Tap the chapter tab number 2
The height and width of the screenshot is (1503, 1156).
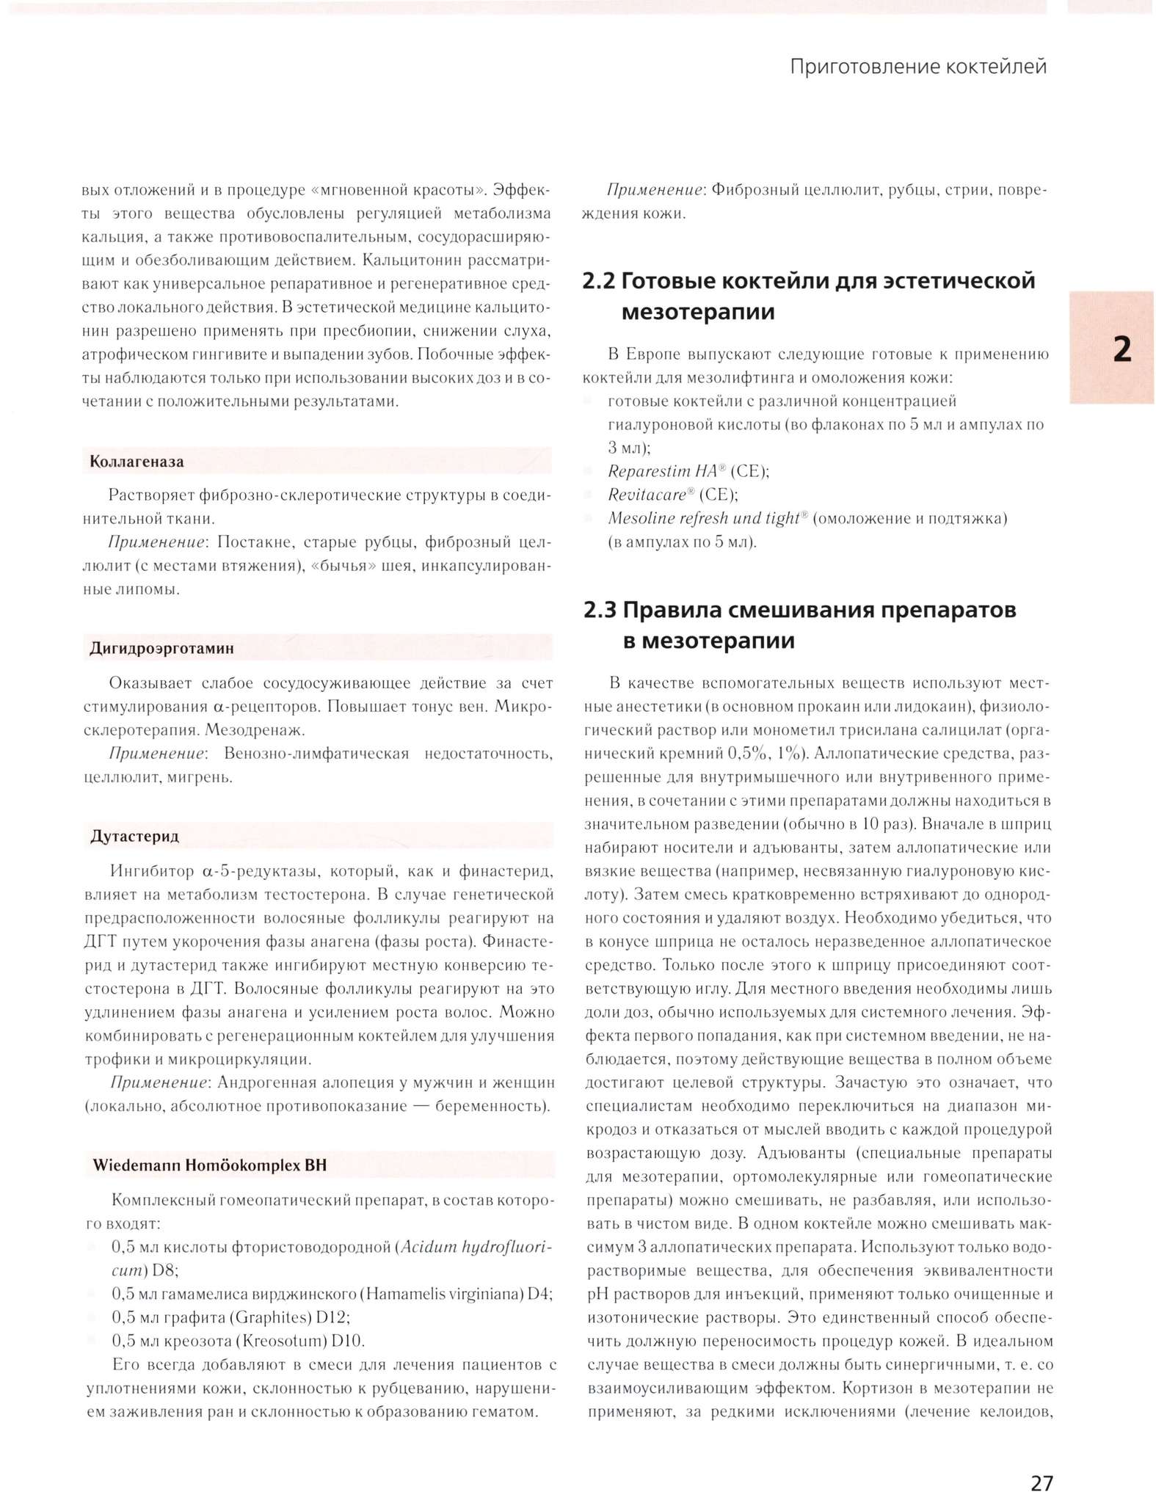click(x=1121, y=349)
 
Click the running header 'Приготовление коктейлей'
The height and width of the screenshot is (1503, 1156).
click(x=917, y=67)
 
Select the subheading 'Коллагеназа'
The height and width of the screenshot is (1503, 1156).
click(x=137, y=462)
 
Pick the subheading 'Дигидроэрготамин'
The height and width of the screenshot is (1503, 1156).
click(x=161, y=648)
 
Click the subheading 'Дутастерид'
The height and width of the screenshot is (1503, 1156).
click(x=134, y=836)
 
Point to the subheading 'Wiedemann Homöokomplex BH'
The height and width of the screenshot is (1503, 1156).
click(x=209, y=1165)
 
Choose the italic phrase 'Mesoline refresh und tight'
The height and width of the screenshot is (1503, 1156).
click(x=703, y=518)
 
